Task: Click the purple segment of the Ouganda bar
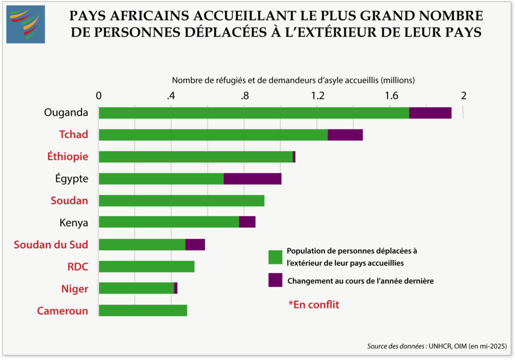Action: pos(430,113)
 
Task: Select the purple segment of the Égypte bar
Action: pos(252,178)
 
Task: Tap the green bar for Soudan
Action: pos(182,201)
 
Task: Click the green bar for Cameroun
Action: pos(143,310)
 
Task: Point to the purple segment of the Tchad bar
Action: pos(345,135)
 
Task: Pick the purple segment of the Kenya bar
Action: pos(247,222)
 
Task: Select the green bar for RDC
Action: pos(146,266)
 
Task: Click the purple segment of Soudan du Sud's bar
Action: pos(195,244)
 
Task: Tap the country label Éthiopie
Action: pos(68,156)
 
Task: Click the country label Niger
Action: pos(74,289)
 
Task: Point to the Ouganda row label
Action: pos(66,113)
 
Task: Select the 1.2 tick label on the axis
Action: pos(317,96)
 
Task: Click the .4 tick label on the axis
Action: pos(171,96)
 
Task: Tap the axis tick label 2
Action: pos(464,96)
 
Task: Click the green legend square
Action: pos(276,256)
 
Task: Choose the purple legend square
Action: pos(276,280)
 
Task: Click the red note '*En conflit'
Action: pos(314,304)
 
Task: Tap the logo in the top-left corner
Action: pos(25,24)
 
